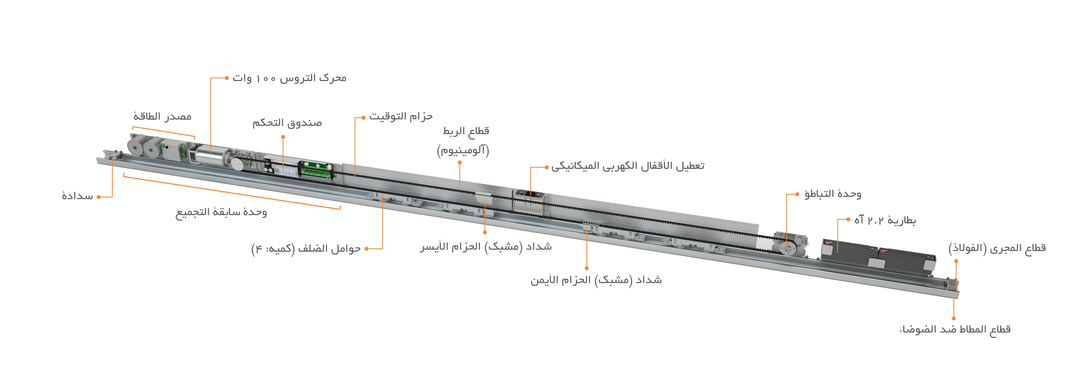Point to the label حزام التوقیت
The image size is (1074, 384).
(x=401, y=116)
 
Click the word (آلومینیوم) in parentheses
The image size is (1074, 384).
(x=463, y=150)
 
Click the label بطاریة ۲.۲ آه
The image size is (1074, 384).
(x=885, y=220)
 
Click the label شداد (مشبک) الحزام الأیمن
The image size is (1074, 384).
(x=596, y=280)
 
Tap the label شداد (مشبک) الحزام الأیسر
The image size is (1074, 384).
(x=486, y=247)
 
